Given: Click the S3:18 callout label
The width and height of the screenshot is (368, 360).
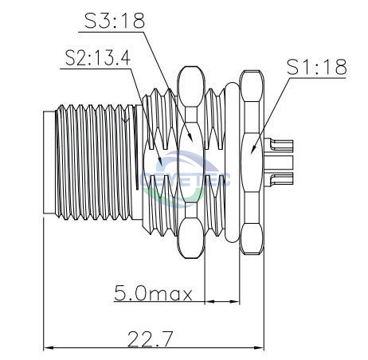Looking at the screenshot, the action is pos(115,21).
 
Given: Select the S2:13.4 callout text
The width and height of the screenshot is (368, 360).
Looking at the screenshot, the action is pos(98,58).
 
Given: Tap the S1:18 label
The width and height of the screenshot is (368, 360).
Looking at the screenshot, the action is pos(317,67).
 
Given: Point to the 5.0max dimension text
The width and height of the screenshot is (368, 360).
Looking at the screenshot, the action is pos(153,292).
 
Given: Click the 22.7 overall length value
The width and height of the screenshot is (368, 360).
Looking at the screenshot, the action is pos(151,338).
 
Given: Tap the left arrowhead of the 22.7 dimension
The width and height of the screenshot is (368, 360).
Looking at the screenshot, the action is pos(49,347).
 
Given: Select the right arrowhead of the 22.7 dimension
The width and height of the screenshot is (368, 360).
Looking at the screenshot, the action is pos(259,347).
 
